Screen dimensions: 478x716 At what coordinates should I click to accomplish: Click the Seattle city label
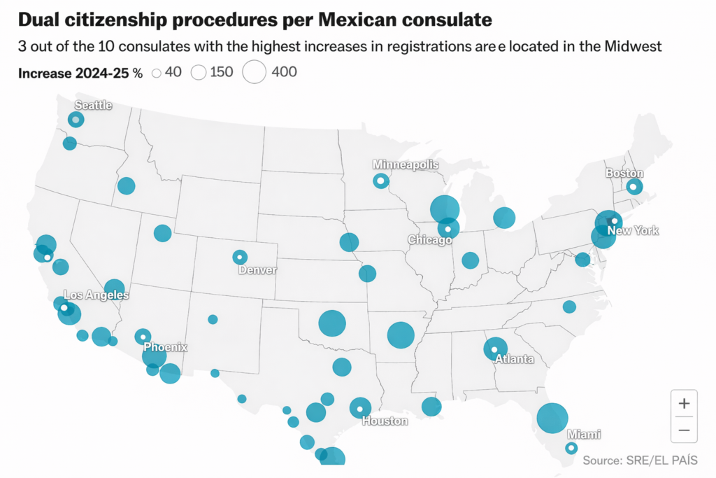(93, 106)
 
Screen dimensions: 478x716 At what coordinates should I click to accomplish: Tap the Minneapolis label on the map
(406, 164)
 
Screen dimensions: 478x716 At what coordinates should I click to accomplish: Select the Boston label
(624, 174)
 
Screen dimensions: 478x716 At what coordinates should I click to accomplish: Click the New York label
(633, 231)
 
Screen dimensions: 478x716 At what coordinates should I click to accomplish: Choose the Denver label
(257, 270)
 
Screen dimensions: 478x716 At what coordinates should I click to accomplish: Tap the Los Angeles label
(96, 295)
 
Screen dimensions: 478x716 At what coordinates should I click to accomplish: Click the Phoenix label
(166, 347)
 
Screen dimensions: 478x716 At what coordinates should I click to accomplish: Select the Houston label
(385, 421)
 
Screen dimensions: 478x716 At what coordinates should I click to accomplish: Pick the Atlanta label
(514, 360)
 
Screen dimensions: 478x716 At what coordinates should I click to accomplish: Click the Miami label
(583, 435)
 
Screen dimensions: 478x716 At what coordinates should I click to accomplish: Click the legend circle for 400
(255, 72)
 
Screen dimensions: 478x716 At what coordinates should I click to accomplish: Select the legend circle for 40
(157, 73)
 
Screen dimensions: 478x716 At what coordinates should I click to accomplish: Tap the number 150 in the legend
(222, 72)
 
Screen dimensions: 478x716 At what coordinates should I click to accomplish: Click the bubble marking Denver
(240, 257)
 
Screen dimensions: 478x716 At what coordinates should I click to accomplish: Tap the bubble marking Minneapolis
(380, 181)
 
